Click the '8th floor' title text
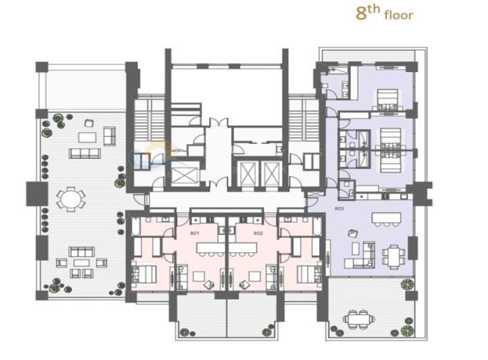tap(383, 13)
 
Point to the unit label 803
tap(338, 208)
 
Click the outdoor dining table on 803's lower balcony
tap(359, 318)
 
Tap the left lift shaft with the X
tap(186, 174)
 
